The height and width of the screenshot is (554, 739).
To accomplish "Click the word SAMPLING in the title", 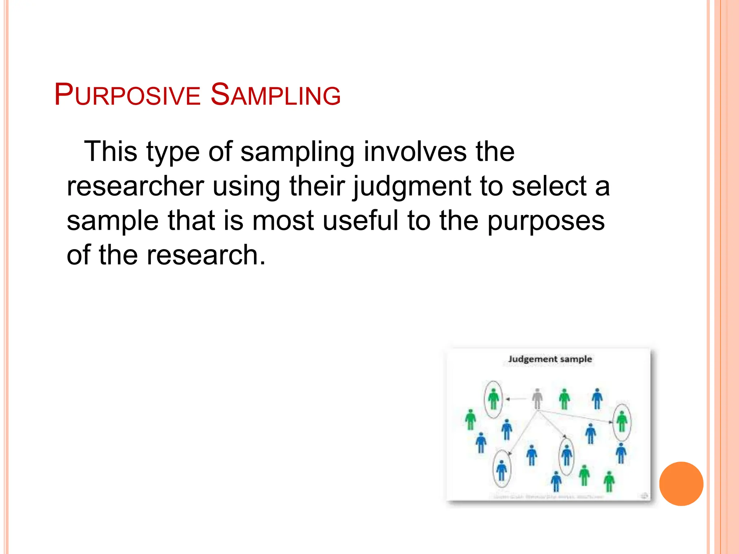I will coord(275,94).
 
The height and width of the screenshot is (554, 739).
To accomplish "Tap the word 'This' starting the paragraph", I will coord(110,151).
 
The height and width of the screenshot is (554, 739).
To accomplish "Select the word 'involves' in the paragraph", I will coord(415,151).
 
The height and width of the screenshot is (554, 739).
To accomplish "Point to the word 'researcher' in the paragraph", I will coord(135,186).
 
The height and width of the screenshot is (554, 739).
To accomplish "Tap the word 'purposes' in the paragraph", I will coord(546,220).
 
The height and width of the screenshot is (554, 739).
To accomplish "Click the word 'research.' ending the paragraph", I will coord(206,255).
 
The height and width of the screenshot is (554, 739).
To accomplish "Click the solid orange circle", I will coord(681,484).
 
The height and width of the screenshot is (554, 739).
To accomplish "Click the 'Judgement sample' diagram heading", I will coord(550,359).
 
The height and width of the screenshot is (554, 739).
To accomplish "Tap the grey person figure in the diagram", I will coord(537,399).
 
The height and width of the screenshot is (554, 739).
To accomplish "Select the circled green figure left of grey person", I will coord(493,399).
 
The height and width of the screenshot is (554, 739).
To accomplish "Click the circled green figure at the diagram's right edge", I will coord(622,422).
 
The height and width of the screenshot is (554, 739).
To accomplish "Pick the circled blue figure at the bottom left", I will coord(502,470).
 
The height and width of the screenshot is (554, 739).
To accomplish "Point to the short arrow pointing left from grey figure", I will coord(516,399).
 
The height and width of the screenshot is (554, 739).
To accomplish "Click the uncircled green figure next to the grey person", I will coord(564,399).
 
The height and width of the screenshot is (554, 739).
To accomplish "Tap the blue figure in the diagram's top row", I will coord(597,399).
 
